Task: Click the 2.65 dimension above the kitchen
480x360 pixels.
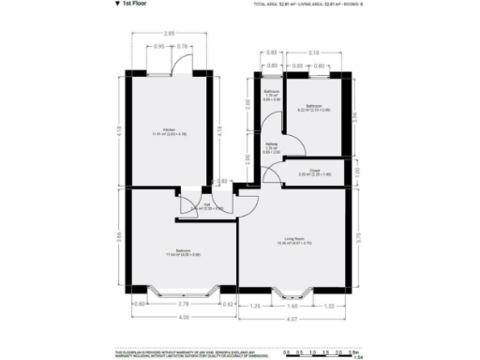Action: [x=170, y=33]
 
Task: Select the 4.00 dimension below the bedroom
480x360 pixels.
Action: [x=184, y=316]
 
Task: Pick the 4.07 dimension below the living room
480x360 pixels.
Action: [x=293, y=319]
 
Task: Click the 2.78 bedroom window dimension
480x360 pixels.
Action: [x=184, y=304]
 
